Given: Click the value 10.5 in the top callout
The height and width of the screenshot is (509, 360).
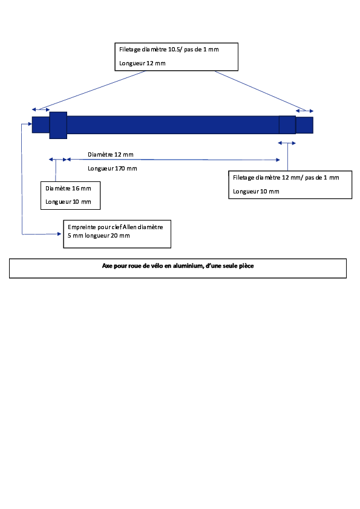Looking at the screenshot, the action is point(175,50).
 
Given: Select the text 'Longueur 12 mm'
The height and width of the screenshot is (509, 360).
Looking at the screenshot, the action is point(142,63).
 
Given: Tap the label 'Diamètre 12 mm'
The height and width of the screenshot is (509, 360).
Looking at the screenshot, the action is point(111,155).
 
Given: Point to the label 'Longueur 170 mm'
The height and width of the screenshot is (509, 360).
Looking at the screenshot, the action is point(113,169).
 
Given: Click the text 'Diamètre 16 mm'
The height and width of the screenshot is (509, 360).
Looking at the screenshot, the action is point(68,188).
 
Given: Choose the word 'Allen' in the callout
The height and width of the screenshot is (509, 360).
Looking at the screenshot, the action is point(129,227).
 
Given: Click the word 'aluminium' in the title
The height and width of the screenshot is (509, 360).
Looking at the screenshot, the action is point(188,266).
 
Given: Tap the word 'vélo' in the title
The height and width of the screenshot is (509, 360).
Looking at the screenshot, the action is point(157,266).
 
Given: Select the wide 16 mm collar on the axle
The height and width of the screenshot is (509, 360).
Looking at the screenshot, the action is point(58,125).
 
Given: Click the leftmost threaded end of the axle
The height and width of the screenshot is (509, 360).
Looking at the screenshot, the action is point(41,125).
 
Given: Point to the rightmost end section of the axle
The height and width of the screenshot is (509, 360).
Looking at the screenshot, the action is point(304,125).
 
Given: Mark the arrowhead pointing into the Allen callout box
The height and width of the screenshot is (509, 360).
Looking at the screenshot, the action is point(59,234).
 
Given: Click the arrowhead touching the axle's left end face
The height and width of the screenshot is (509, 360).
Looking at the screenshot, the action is point(30,124).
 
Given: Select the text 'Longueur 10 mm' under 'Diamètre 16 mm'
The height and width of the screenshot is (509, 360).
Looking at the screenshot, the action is point(68,202).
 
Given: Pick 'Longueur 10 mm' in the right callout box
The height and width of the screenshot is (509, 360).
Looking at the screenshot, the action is point(256,192).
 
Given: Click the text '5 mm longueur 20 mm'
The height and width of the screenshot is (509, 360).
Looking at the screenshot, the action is point(99,236).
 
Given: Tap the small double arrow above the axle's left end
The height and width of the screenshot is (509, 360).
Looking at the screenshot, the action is point(41,110).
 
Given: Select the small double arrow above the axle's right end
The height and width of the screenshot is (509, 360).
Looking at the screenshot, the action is point(304,111).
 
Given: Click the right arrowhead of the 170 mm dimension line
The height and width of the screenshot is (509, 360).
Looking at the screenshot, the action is point(278,160).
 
